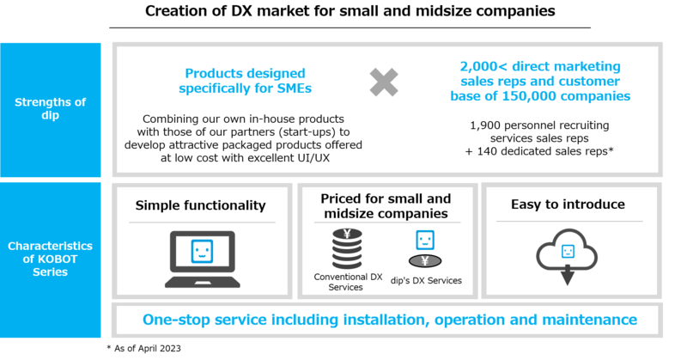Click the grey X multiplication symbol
click(x=384, y=82)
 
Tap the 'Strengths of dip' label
click(x=51, y=109)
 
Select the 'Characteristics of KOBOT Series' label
click(x=51, y=259)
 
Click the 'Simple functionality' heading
click(x=200, y=205)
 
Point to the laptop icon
click(x=202, y=259)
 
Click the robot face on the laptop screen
click(x=202, y=251)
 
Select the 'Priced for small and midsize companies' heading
click(x=385, y=206)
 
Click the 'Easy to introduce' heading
click(x=568, y=204)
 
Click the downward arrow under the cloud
click(x=568, y=276)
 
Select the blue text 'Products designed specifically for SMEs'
click(x=245, y=81)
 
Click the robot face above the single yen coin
click(x=423, y=241)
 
